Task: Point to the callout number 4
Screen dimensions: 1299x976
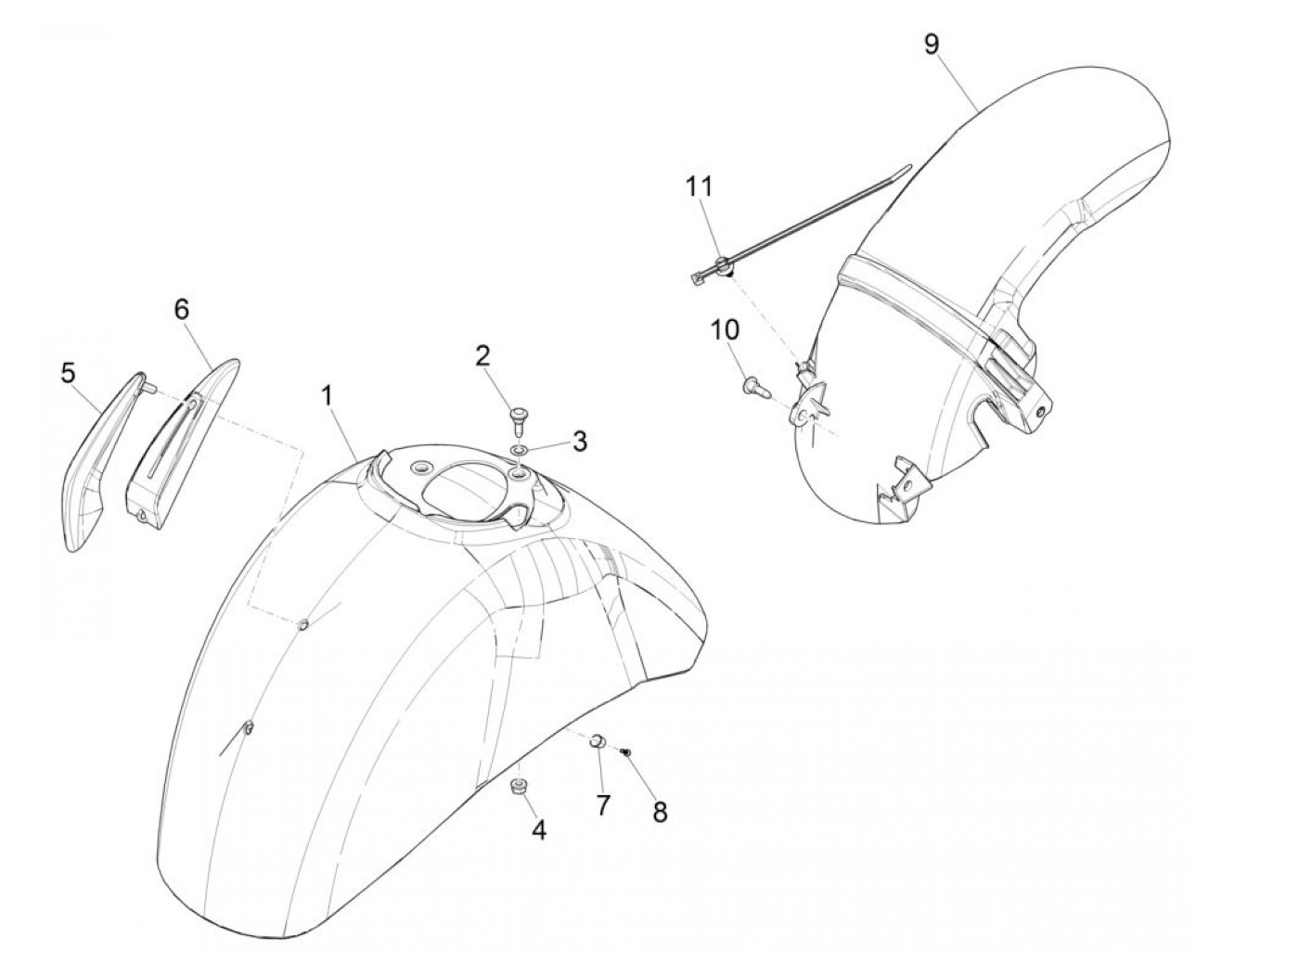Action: coord(538,830)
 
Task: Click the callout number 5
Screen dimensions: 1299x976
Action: coord(68,374)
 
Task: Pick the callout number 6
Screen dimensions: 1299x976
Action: coord(181,309)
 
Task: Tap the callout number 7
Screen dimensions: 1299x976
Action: coord(603,805)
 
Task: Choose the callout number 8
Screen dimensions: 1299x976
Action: coord(660,812)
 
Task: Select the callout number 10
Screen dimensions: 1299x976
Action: coord(725,328)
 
